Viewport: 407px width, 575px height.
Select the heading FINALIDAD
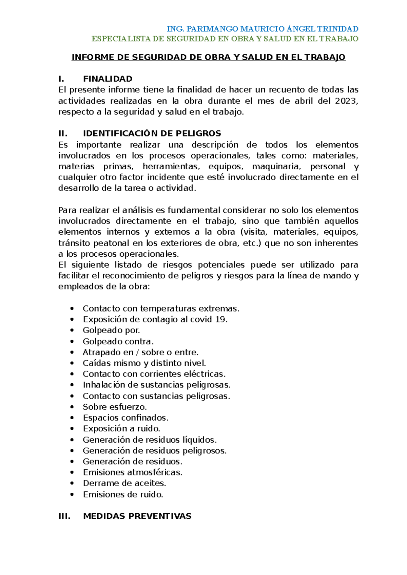click(x=108, y=79)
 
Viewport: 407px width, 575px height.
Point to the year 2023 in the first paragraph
click(x=346, y=101)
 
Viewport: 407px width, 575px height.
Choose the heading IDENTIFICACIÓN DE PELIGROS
click(x=152, y=133)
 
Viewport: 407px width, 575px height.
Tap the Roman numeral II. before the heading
click(x=63, y=133)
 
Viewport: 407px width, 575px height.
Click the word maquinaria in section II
click(x=276, y=166)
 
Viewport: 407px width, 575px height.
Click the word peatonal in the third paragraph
click(x=112, y=243)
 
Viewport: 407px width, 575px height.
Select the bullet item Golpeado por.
click(x=111, y=330)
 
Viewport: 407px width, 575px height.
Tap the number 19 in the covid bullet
click(x=221, y=319)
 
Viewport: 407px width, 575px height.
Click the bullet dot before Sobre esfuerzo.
click(x=72, y=407)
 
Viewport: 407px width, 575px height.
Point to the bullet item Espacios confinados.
click(x=125, y=418)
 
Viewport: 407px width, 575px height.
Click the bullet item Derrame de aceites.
click(x=124, y=483)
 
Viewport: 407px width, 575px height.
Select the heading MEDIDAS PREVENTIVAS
click(x=137, y=516)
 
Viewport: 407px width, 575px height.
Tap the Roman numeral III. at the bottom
click(x=64, y=516)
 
